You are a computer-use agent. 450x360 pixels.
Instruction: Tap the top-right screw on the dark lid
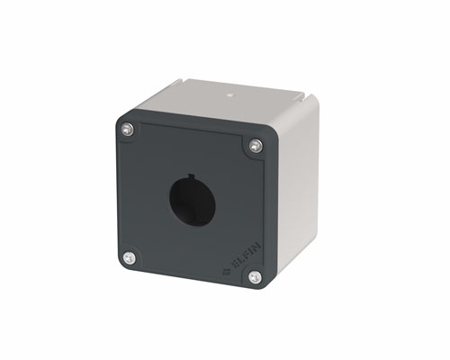pyautogui.click(x=256, y=146)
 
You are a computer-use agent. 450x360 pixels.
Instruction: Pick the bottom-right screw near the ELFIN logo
pyautogui.click(x=255, y=277)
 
